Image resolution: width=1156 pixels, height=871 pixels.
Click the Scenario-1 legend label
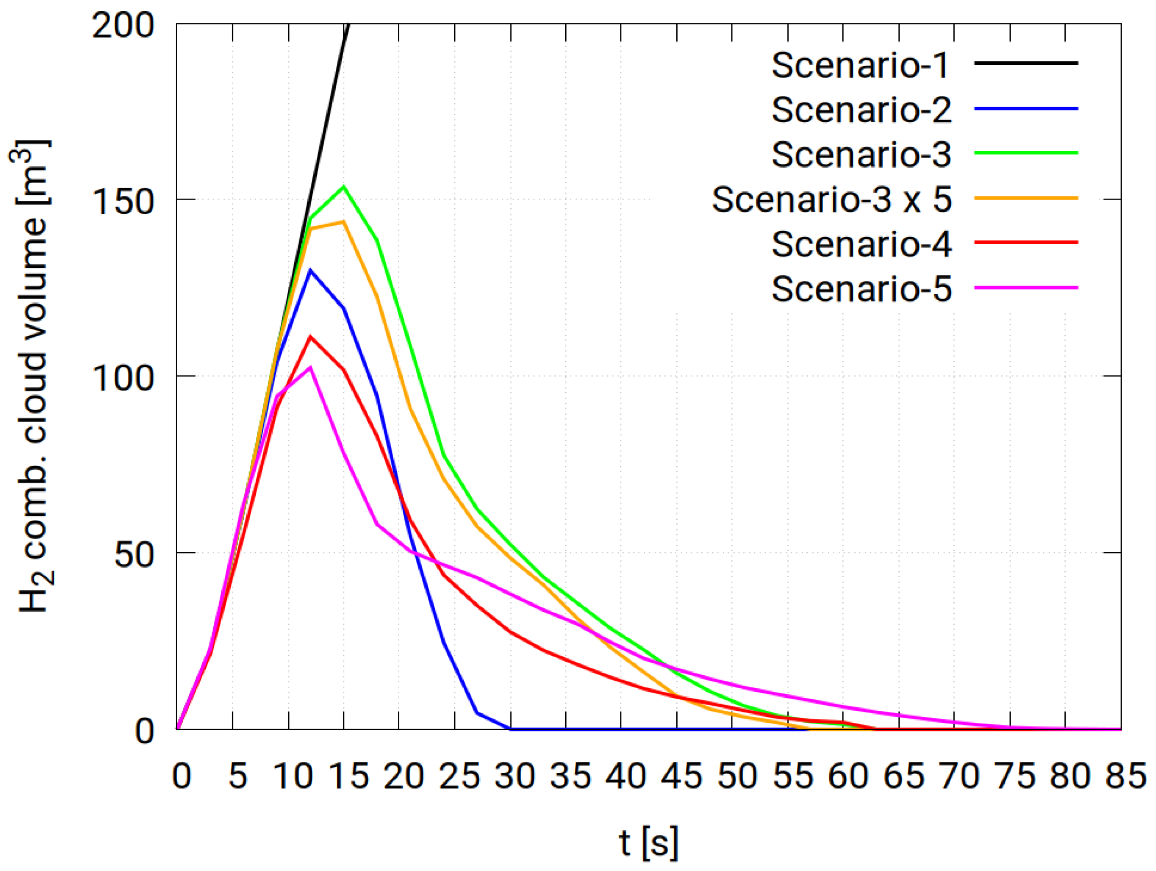[860, 65]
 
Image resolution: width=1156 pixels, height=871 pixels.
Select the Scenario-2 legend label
[861, 110]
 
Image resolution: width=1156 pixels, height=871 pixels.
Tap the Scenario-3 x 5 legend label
[831, 200]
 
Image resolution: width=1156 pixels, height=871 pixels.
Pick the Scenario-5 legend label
[861, 289]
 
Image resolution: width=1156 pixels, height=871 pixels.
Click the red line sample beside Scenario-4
[1025, 242]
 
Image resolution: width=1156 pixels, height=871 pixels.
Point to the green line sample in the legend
[1025, 153]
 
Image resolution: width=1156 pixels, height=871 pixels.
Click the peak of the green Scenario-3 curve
[344, 187]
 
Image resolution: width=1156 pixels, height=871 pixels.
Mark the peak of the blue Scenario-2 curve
[310, 270]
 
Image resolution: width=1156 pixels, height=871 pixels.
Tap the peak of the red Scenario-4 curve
[310, 337]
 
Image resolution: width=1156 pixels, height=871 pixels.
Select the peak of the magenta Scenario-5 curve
[310, 367]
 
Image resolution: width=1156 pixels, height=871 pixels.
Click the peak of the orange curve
[344, 222]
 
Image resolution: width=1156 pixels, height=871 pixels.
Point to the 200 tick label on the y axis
[123, 25]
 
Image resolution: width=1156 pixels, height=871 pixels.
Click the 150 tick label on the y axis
[123, 201]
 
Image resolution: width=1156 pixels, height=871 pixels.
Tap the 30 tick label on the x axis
[514, 776]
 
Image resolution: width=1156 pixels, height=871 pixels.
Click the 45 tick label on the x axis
[681, 776]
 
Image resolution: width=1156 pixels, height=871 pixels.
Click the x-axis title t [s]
[648, 842]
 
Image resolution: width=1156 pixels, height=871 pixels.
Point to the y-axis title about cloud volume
[32, 376]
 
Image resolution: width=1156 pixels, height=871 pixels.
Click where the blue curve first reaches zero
[510, 729]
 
